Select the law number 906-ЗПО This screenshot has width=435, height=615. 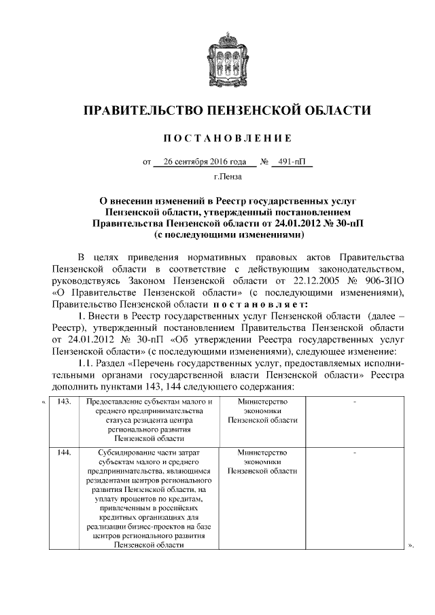click(379, 282)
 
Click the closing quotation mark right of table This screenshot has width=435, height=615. click(410, 544)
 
